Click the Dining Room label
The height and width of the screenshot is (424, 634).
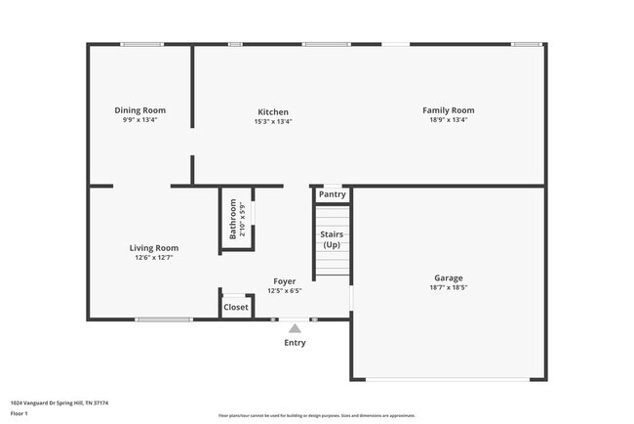140,110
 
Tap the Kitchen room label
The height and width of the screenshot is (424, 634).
273,111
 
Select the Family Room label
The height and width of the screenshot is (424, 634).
448,110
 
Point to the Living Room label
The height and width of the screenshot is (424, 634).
154,248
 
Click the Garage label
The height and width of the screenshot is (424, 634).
449,277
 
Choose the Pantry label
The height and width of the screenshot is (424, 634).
333,194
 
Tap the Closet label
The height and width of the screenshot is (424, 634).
236,307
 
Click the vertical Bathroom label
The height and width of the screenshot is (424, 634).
233,220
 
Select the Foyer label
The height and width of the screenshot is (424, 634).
285,281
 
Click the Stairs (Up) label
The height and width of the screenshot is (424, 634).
333,239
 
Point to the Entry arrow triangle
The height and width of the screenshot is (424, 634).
295,328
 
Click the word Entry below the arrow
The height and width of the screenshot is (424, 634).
295,343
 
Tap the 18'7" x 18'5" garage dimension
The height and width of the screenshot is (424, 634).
449,288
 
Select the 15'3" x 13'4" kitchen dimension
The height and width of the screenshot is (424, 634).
273,121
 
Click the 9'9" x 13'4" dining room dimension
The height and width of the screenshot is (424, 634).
140,120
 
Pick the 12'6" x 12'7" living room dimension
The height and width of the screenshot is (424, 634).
154,258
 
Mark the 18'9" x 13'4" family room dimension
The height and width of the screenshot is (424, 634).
448,120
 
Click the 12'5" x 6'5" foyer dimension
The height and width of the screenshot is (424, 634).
285,290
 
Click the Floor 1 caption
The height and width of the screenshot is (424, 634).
20,414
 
